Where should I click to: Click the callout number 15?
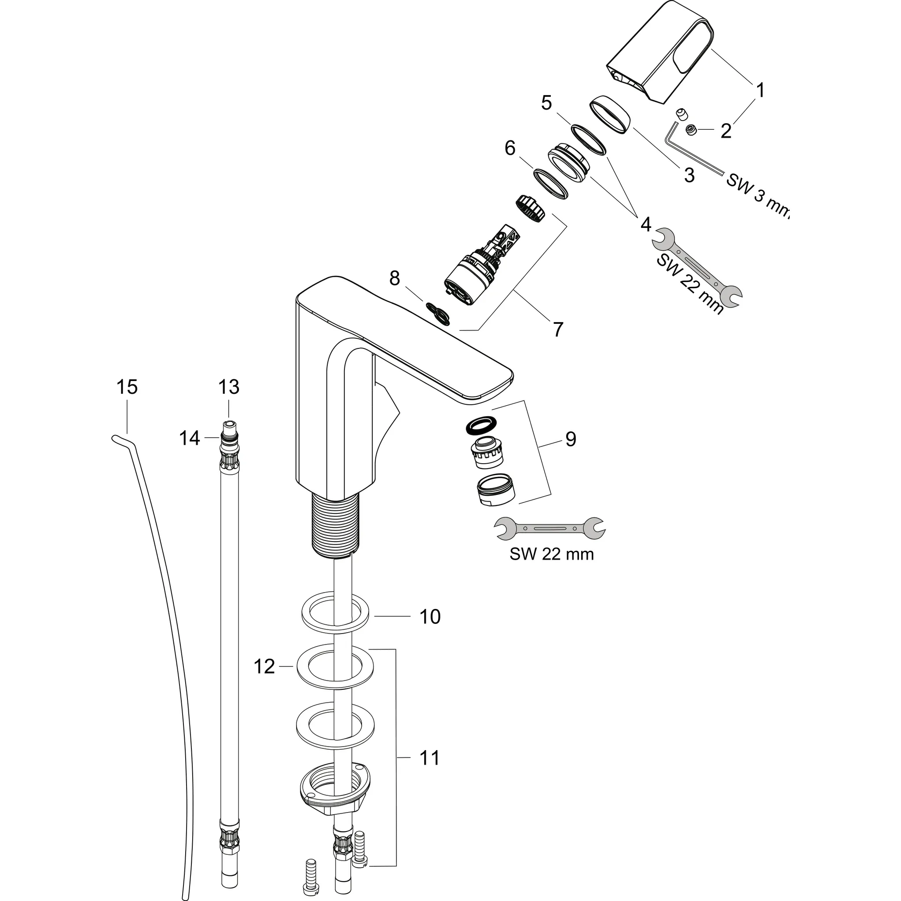coord(127,387)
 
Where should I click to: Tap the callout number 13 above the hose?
coord(228,387)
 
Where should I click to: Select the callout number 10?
coord(429,616)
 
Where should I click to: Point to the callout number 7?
coord(558,329)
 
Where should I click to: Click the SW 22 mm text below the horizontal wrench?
coord(551,553)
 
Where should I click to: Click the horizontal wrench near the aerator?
coord(550,529)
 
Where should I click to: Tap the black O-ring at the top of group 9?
coord(480,424)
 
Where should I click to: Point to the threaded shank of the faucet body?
coord(335,525)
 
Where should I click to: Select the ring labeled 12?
coord(335,667)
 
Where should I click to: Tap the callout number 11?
coord(429,758)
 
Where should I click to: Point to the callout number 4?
coord(645,225)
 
